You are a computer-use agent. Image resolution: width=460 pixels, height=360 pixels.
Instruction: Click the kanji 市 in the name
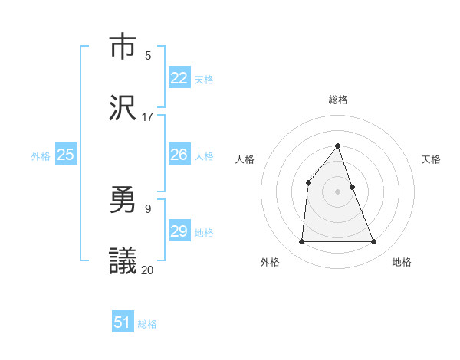tap(123, 48)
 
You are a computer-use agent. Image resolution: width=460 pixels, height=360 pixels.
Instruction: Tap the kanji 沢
tap(123, 107)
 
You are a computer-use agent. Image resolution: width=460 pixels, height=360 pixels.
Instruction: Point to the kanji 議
tap(123, 260)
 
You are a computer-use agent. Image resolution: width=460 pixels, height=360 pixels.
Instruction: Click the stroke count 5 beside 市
tap(148, 56)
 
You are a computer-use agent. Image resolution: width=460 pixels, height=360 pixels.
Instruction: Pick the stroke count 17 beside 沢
tap(148, 117)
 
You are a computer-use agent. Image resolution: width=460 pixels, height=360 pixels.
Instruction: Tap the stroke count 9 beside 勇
tap(148, 208)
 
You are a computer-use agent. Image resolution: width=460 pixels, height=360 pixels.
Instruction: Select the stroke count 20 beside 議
tap(148, 270)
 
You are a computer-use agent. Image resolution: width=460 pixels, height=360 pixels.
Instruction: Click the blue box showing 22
tap(179, 78)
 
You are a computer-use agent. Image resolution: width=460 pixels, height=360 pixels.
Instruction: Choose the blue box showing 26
tap(179, 155)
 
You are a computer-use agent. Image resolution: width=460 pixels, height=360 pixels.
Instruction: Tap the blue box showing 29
tap(179, 231)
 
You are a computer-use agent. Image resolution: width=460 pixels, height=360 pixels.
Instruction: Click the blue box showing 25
tap(66, 155)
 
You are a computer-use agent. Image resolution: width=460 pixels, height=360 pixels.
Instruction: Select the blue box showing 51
tap(123, 322)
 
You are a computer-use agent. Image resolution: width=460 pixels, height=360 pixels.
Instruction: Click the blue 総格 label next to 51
tap(147, 324)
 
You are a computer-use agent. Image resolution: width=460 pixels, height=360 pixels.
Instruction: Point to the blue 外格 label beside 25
tap(41, 156)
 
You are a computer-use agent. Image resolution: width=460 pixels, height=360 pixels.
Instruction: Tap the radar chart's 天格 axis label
tap(432, 159)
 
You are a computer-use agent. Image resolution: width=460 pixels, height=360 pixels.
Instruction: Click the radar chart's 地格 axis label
tap(402, 262)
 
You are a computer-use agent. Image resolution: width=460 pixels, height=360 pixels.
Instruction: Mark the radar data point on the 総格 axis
tap(338, 146)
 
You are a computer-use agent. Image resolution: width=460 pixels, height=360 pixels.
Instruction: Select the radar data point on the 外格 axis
tap(301, 242)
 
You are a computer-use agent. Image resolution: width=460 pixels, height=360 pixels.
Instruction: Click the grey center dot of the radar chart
tap(338, 191)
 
